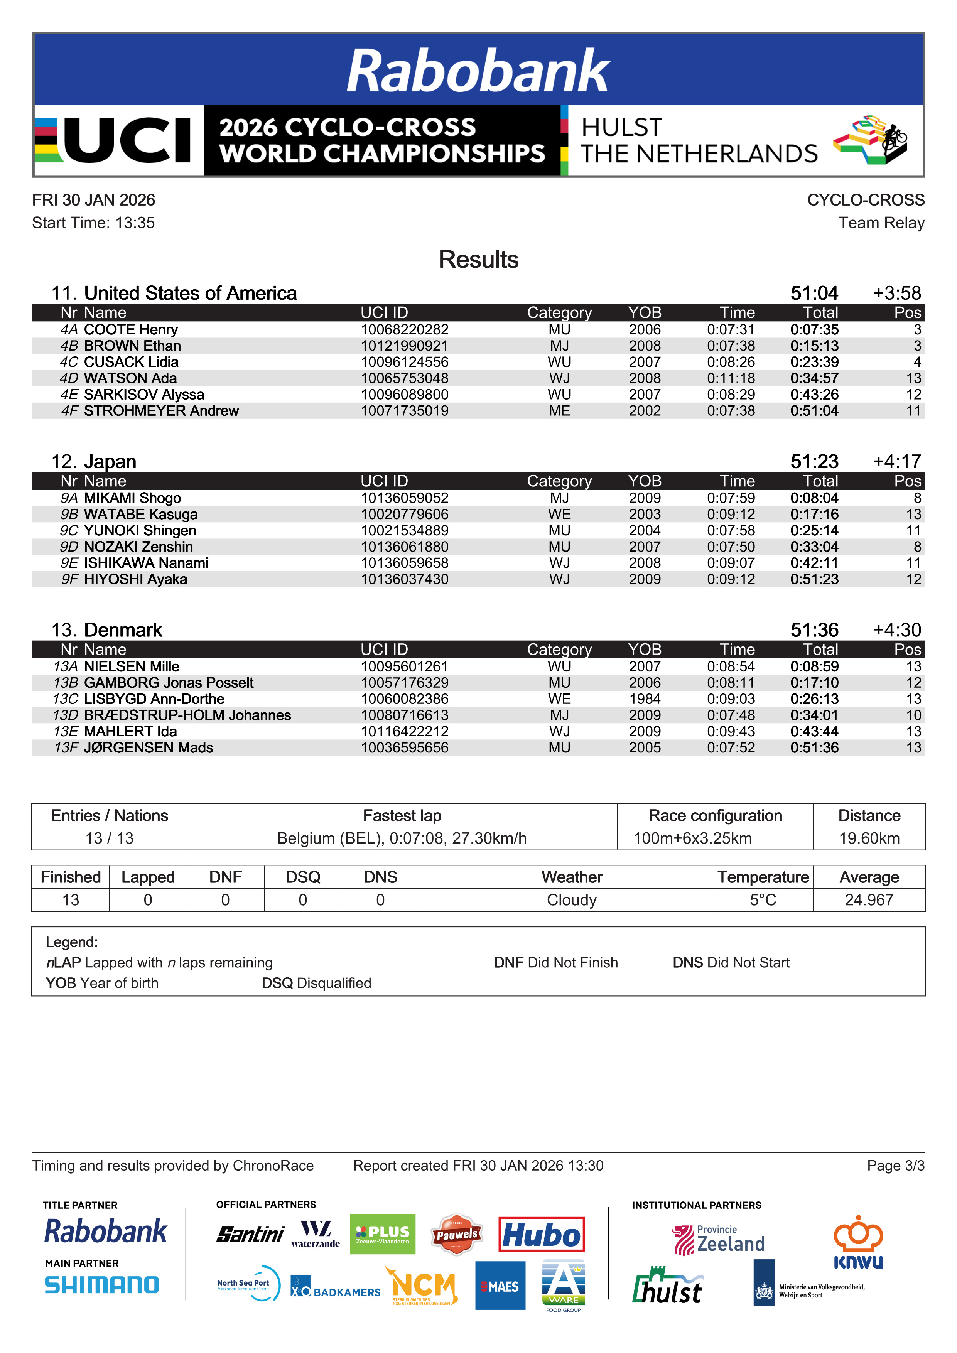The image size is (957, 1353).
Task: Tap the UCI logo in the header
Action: coord(118,140)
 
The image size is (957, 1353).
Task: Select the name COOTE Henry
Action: coord(131,329)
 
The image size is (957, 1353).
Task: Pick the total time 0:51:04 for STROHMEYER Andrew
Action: coord(814,411)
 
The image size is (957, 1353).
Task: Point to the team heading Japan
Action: coord(110,461)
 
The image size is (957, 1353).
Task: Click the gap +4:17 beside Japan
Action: coord(897,461)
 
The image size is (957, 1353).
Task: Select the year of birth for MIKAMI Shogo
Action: coord(645,498)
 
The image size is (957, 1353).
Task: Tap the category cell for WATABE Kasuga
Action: coord(559,515)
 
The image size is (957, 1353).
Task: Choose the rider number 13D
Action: coord(66,715)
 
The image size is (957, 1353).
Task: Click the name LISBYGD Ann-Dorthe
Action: coord(154,699)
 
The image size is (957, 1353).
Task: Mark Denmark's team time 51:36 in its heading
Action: coord(814,630)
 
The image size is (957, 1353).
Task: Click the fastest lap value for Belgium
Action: coord(402,838)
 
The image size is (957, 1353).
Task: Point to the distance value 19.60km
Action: coord(869,838)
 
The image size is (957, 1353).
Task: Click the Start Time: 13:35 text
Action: coord(94,223)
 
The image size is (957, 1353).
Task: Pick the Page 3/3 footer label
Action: coord(895,1166)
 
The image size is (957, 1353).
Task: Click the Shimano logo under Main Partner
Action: coord(102,1285)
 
